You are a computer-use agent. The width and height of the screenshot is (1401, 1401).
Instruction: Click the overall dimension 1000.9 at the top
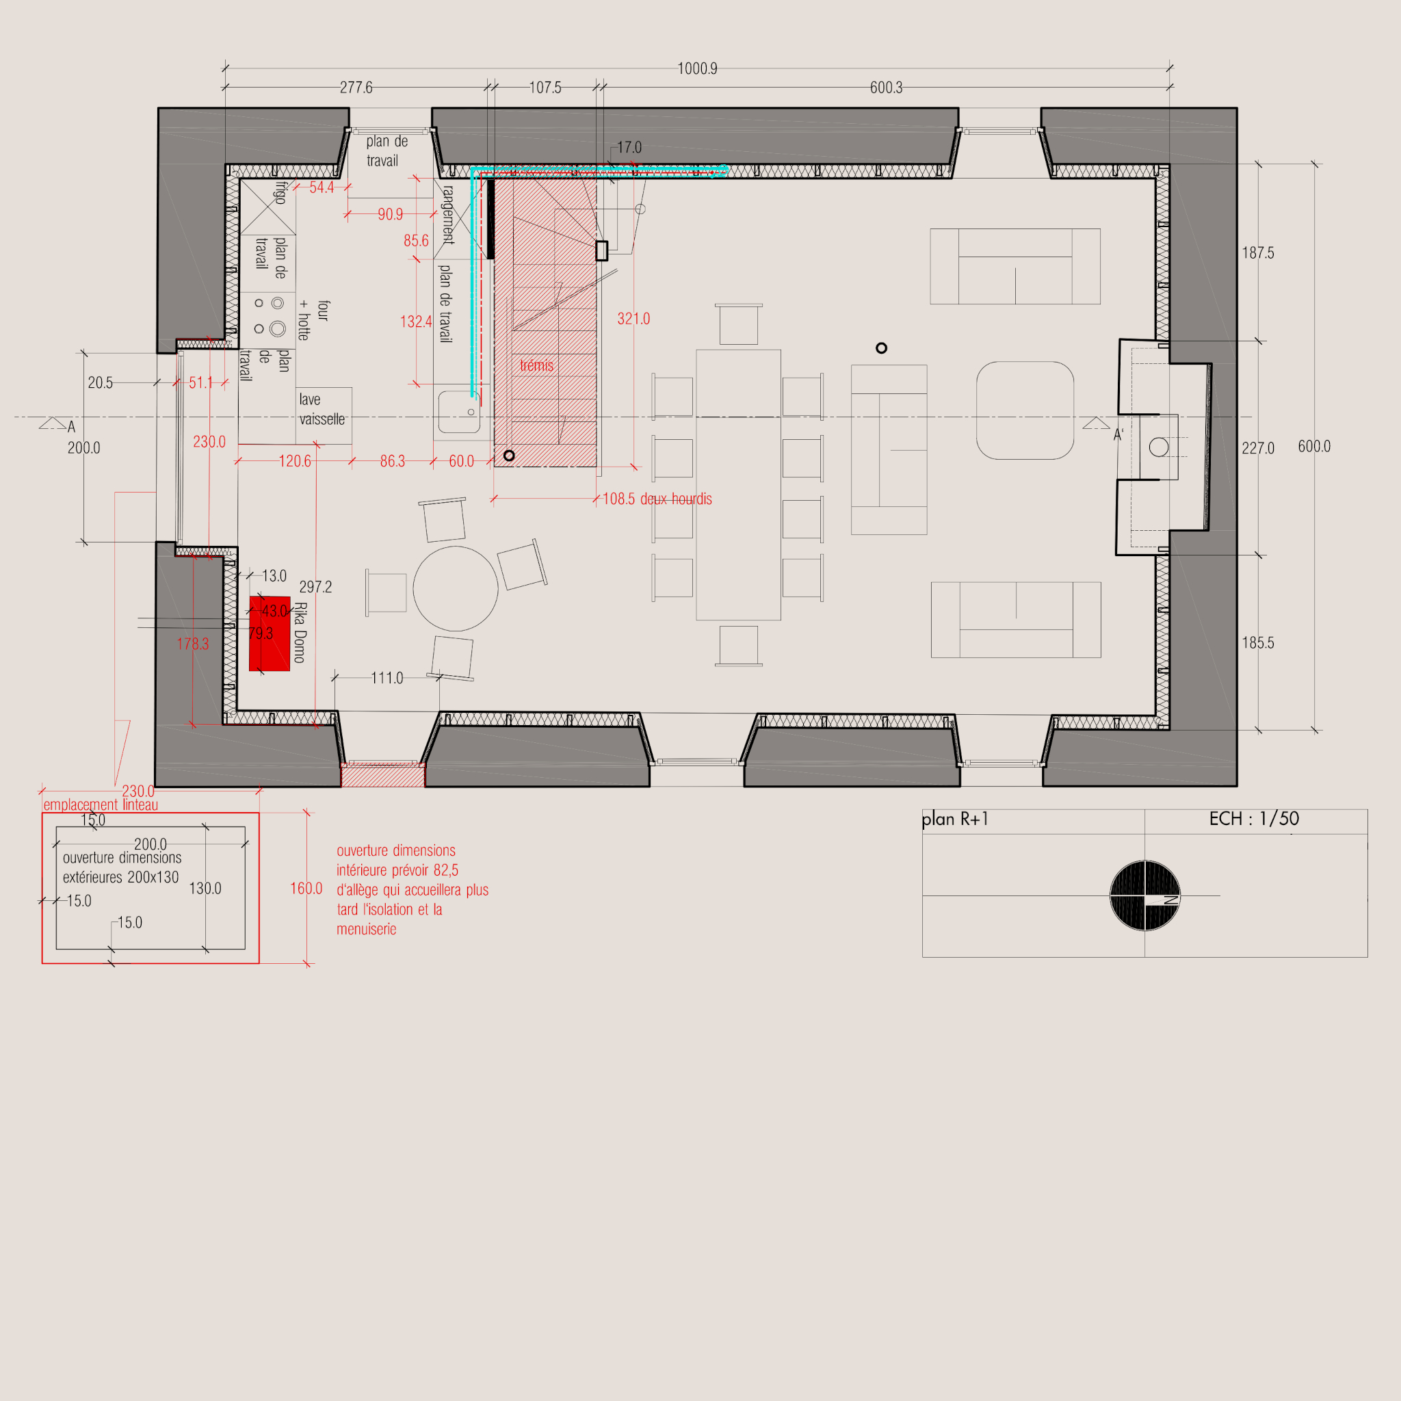coord(697,69)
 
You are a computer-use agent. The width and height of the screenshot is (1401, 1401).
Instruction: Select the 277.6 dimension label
coord(356,88)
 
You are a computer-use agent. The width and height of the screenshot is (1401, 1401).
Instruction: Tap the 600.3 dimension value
coord(886,88)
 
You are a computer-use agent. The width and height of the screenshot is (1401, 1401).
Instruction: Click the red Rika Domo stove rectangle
coord(270,633)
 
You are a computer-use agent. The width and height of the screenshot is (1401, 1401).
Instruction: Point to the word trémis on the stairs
coord(536,365)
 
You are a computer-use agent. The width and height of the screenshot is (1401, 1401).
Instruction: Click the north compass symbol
coord(1145,895)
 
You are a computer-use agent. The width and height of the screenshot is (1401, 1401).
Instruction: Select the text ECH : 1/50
coord(1254,819)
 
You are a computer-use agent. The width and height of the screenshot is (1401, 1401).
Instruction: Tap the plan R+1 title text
coord(955,819)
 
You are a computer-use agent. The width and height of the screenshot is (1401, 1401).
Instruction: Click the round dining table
coord(456,589)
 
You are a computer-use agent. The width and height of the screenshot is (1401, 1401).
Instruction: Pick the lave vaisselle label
coord(322,409)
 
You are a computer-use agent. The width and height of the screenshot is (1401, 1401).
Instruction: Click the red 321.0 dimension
coord(633,319)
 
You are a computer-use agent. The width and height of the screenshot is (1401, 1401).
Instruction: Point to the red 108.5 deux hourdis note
coord(657,499)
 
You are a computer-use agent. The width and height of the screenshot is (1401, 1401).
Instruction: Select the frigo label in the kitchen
coord(280,193)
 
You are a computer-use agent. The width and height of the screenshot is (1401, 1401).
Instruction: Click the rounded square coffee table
coord(1025,410)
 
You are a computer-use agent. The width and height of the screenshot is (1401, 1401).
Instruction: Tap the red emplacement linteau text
coord(101,805)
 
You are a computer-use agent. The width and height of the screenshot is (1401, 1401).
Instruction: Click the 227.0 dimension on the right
coord(1257,448)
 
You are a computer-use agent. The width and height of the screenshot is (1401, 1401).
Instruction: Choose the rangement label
coord(448,215)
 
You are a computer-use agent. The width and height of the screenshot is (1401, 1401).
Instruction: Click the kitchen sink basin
coord(459,412)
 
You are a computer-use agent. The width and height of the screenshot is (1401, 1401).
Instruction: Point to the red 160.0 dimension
coord(306,889)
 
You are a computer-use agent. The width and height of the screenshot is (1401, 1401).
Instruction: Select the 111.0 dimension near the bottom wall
coord(387,678)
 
